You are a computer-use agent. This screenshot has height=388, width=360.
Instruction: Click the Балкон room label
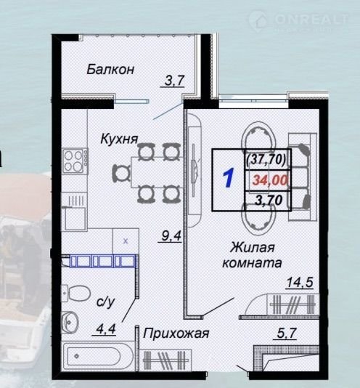[110, 69]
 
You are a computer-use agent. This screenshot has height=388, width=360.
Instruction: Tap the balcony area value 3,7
[174, 81]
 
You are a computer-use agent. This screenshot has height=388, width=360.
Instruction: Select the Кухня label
[119, 139]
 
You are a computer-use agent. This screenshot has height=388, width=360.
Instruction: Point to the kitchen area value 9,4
[171, 235]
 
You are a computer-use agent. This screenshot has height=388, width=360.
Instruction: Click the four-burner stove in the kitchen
[75, 161]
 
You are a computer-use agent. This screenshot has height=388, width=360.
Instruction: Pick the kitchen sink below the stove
[75, 218]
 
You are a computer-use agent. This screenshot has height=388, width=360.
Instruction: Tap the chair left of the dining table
[121, 174]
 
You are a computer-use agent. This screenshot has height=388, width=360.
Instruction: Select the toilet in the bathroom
[76, 294]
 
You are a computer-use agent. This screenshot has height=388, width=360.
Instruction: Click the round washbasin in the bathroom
[70, 321]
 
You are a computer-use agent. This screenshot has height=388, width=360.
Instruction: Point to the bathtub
[98, 356]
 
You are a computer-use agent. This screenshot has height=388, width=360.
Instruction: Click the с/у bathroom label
[105, 302]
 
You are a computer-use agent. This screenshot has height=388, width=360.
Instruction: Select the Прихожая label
[176, 334]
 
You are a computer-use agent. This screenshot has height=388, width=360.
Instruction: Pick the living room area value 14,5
[300, 282]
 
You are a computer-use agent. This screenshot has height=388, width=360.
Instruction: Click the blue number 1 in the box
[229, 177]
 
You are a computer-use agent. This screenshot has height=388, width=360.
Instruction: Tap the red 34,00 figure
[270, 180]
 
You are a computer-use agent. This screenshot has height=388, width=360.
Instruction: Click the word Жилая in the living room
[252, 247]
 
